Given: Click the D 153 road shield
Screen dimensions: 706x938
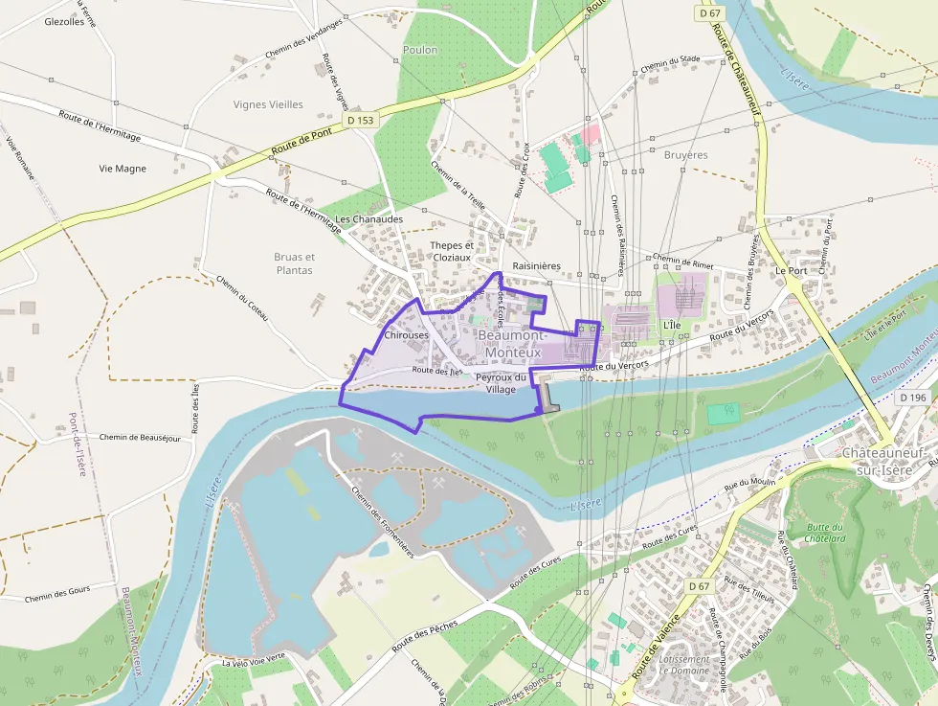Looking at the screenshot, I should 360,121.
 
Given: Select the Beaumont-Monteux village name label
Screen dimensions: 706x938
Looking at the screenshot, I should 513,345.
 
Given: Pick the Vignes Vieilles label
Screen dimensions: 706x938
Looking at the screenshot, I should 268,104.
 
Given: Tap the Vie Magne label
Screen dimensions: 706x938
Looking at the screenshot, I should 123,169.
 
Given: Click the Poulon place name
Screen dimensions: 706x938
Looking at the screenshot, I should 420,50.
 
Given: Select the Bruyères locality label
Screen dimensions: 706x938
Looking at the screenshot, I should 685,154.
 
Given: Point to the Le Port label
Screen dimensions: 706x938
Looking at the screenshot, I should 791,271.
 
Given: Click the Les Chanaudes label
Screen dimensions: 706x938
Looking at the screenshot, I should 368,219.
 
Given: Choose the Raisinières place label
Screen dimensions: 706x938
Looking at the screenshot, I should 536,265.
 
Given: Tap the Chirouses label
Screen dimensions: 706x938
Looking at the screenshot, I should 406,336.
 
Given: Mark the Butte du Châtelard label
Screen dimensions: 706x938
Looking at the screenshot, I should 825,533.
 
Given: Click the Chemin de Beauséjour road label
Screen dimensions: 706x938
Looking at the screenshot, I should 139,437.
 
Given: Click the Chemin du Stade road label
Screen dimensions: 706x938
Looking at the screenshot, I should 671,63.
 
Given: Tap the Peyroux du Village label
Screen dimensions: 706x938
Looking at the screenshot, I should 501,383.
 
